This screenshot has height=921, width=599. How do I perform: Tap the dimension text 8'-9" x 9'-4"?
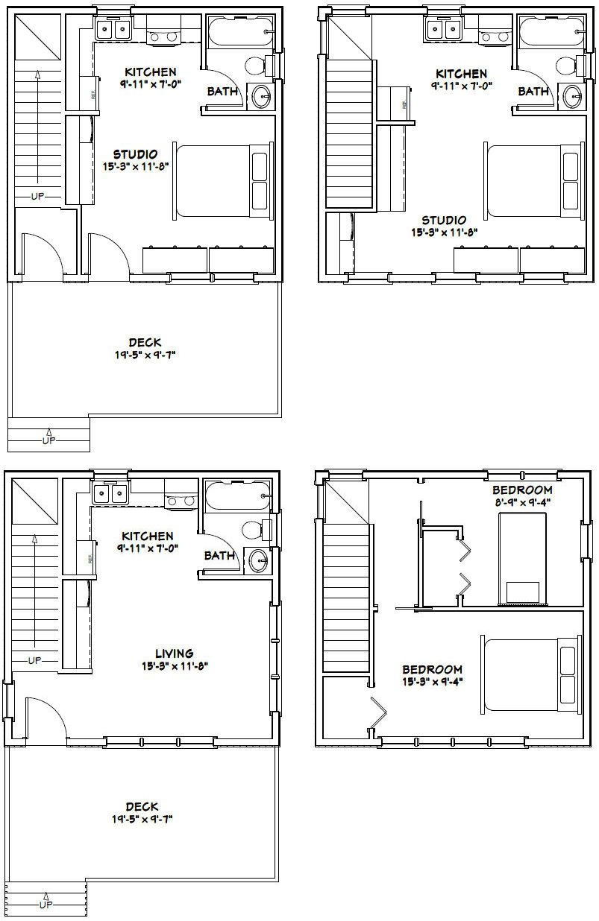point(522,503)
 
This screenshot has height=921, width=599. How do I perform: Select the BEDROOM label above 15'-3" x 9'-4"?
point(432,669)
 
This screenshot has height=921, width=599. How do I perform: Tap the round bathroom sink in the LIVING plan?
point(258,561)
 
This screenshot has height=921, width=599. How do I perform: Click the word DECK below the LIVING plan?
point(142,806)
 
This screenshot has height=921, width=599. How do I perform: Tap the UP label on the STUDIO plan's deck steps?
point(48,440)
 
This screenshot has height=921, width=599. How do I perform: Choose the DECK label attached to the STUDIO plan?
point(145,342)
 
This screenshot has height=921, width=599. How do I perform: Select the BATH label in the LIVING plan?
point(219,555)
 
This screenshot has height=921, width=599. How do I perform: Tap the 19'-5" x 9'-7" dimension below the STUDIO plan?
point(145,355)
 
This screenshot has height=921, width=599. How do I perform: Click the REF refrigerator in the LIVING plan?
point(85,559)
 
